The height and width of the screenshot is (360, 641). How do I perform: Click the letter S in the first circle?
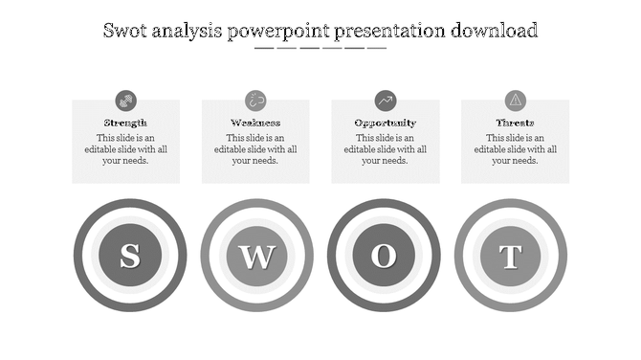[x=129, y=256]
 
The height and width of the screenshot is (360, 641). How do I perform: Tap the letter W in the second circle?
[x=256, y=256]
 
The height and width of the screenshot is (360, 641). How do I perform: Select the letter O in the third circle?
[x=384, y=256]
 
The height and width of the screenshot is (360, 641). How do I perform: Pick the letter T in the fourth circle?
[x=511, y=256]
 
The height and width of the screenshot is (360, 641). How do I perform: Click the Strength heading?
[x=125, y=123]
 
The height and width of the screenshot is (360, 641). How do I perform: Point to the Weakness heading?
[x=255, y=123]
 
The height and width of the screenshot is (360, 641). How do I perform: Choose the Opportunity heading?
[x=385, y=123]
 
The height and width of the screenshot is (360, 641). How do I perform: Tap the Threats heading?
[x=515, y=123]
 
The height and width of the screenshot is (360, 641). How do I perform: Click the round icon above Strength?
[x=125, y=100]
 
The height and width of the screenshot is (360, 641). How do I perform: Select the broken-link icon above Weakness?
[x=255, y=100]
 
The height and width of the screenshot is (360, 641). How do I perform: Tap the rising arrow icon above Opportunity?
[x=385, y=100]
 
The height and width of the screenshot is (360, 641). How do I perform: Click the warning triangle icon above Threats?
[x=515, y=100]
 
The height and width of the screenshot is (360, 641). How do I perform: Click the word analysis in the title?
[x=188, y=31]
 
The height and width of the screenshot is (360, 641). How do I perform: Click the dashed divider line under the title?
[x=320, y=48]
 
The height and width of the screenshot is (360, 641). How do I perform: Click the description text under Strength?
[x=125, y=149]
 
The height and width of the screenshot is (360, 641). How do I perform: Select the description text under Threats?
[x=515, y=149]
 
